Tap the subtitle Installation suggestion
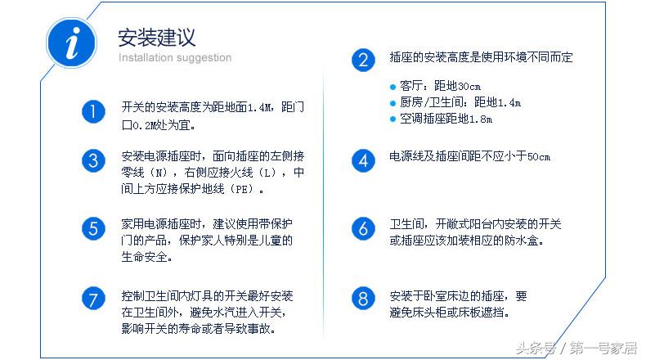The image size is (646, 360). [x=175, y=58]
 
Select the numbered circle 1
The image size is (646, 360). [x=93, y=112]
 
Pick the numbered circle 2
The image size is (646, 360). [x=362, y=60]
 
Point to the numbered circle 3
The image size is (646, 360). [x=93, y=160]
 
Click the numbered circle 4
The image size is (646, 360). [x=362, y=160]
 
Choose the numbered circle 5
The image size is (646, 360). [x=93, y=228]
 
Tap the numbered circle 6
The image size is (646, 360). [x=362, y=228]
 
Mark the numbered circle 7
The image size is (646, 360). [x=93, y=298]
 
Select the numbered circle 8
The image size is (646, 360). [x=362, y=298]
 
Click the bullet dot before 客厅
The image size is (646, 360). [x=393, y=86]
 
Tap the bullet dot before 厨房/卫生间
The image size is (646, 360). [x=393, y=103]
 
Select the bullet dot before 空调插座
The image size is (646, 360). [x=393, y=119]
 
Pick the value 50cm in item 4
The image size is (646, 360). [x=539, y=157]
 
